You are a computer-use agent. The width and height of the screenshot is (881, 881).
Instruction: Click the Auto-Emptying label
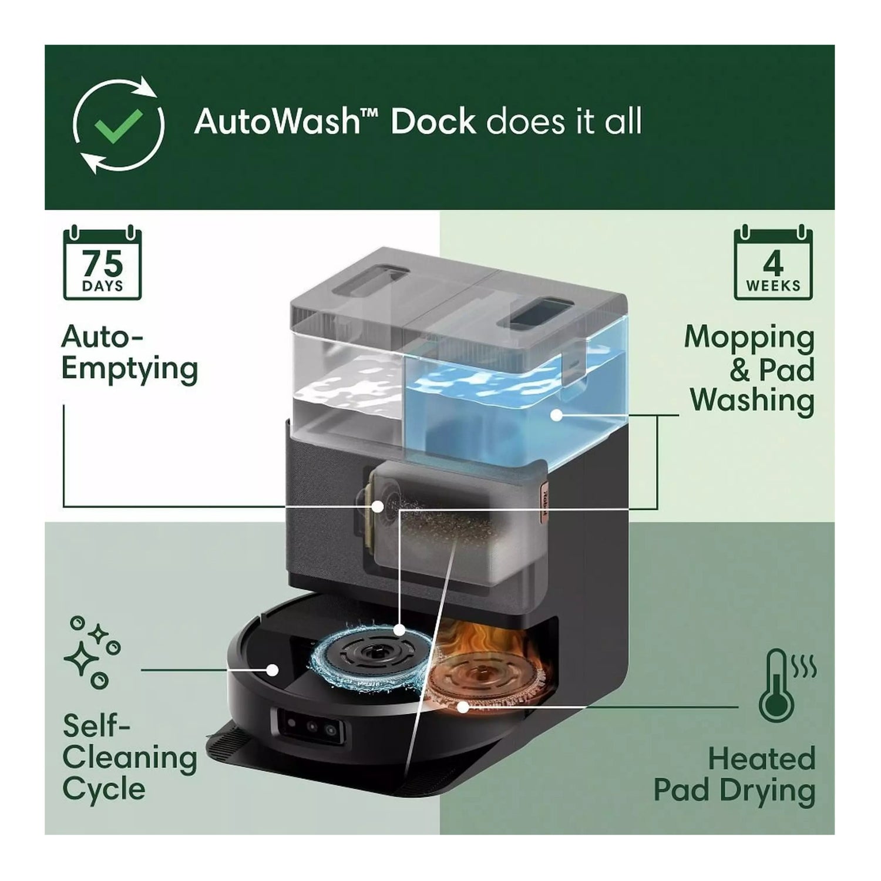click(x=129, y=353)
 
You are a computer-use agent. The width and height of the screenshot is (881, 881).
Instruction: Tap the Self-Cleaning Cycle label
click(x=129, y=757)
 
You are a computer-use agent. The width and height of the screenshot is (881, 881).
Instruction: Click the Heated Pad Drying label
click(x=735, y=774)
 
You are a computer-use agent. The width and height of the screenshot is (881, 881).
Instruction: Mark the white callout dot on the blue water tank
click(x=556, y=415)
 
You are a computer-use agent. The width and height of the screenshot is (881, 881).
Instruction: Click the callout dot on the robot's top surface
click(x=272, y=670)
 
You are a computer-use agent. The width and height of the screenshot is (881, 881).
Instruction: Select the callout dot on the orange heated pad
click(x=463, y=707)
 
